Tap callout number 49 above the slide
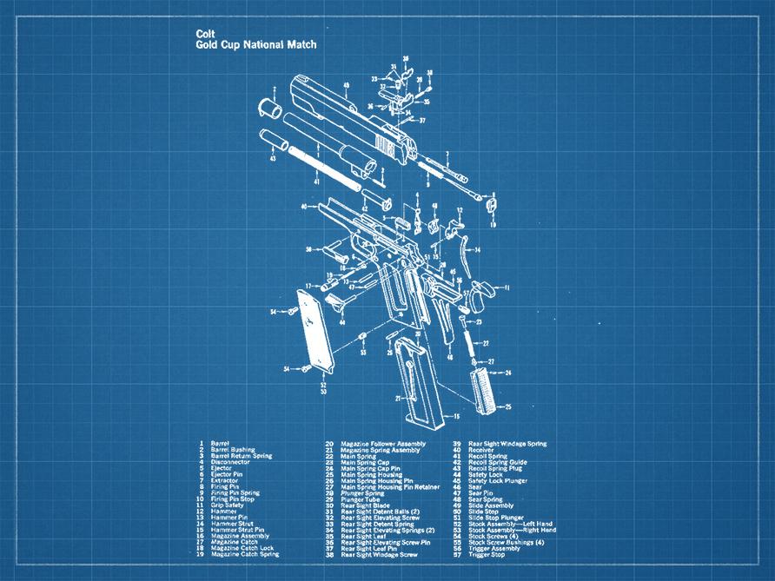[346, 85]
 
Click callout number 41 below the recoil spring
[316, 182]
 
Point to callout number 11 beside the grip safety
[507, 287]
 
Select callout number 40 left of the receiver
[304, 207]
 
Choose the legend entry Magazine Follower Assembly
[382, 444]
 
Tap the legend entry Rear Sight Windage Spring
[507, 444]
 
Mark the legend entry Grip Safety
[228, 505]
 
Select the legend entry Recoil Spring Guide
[497, 462]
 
